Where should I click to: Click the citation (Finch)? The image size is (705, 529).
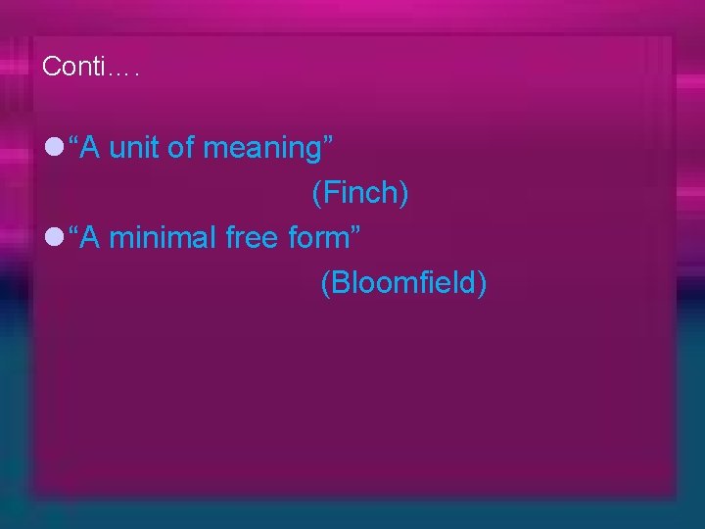click(359, 194)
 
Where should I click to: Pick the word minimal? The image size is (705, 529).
click(163, 237)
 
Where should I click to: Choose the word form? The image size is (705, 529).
click(321, 237)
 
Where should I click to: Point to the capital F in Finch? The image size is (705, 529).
click(330, 194)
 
